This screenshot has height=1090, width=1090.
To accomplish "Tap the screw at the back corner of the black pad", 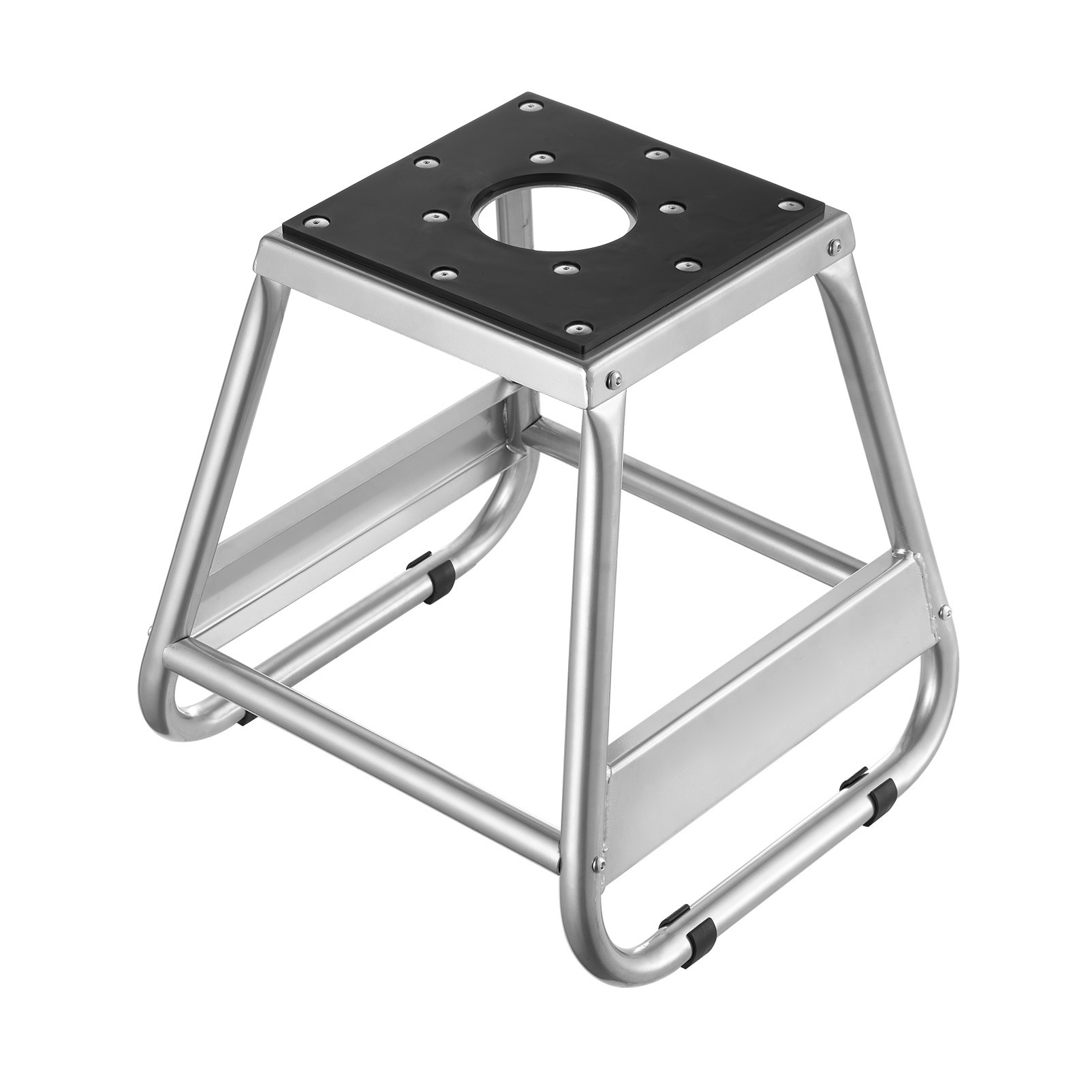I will coord(529,106).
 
